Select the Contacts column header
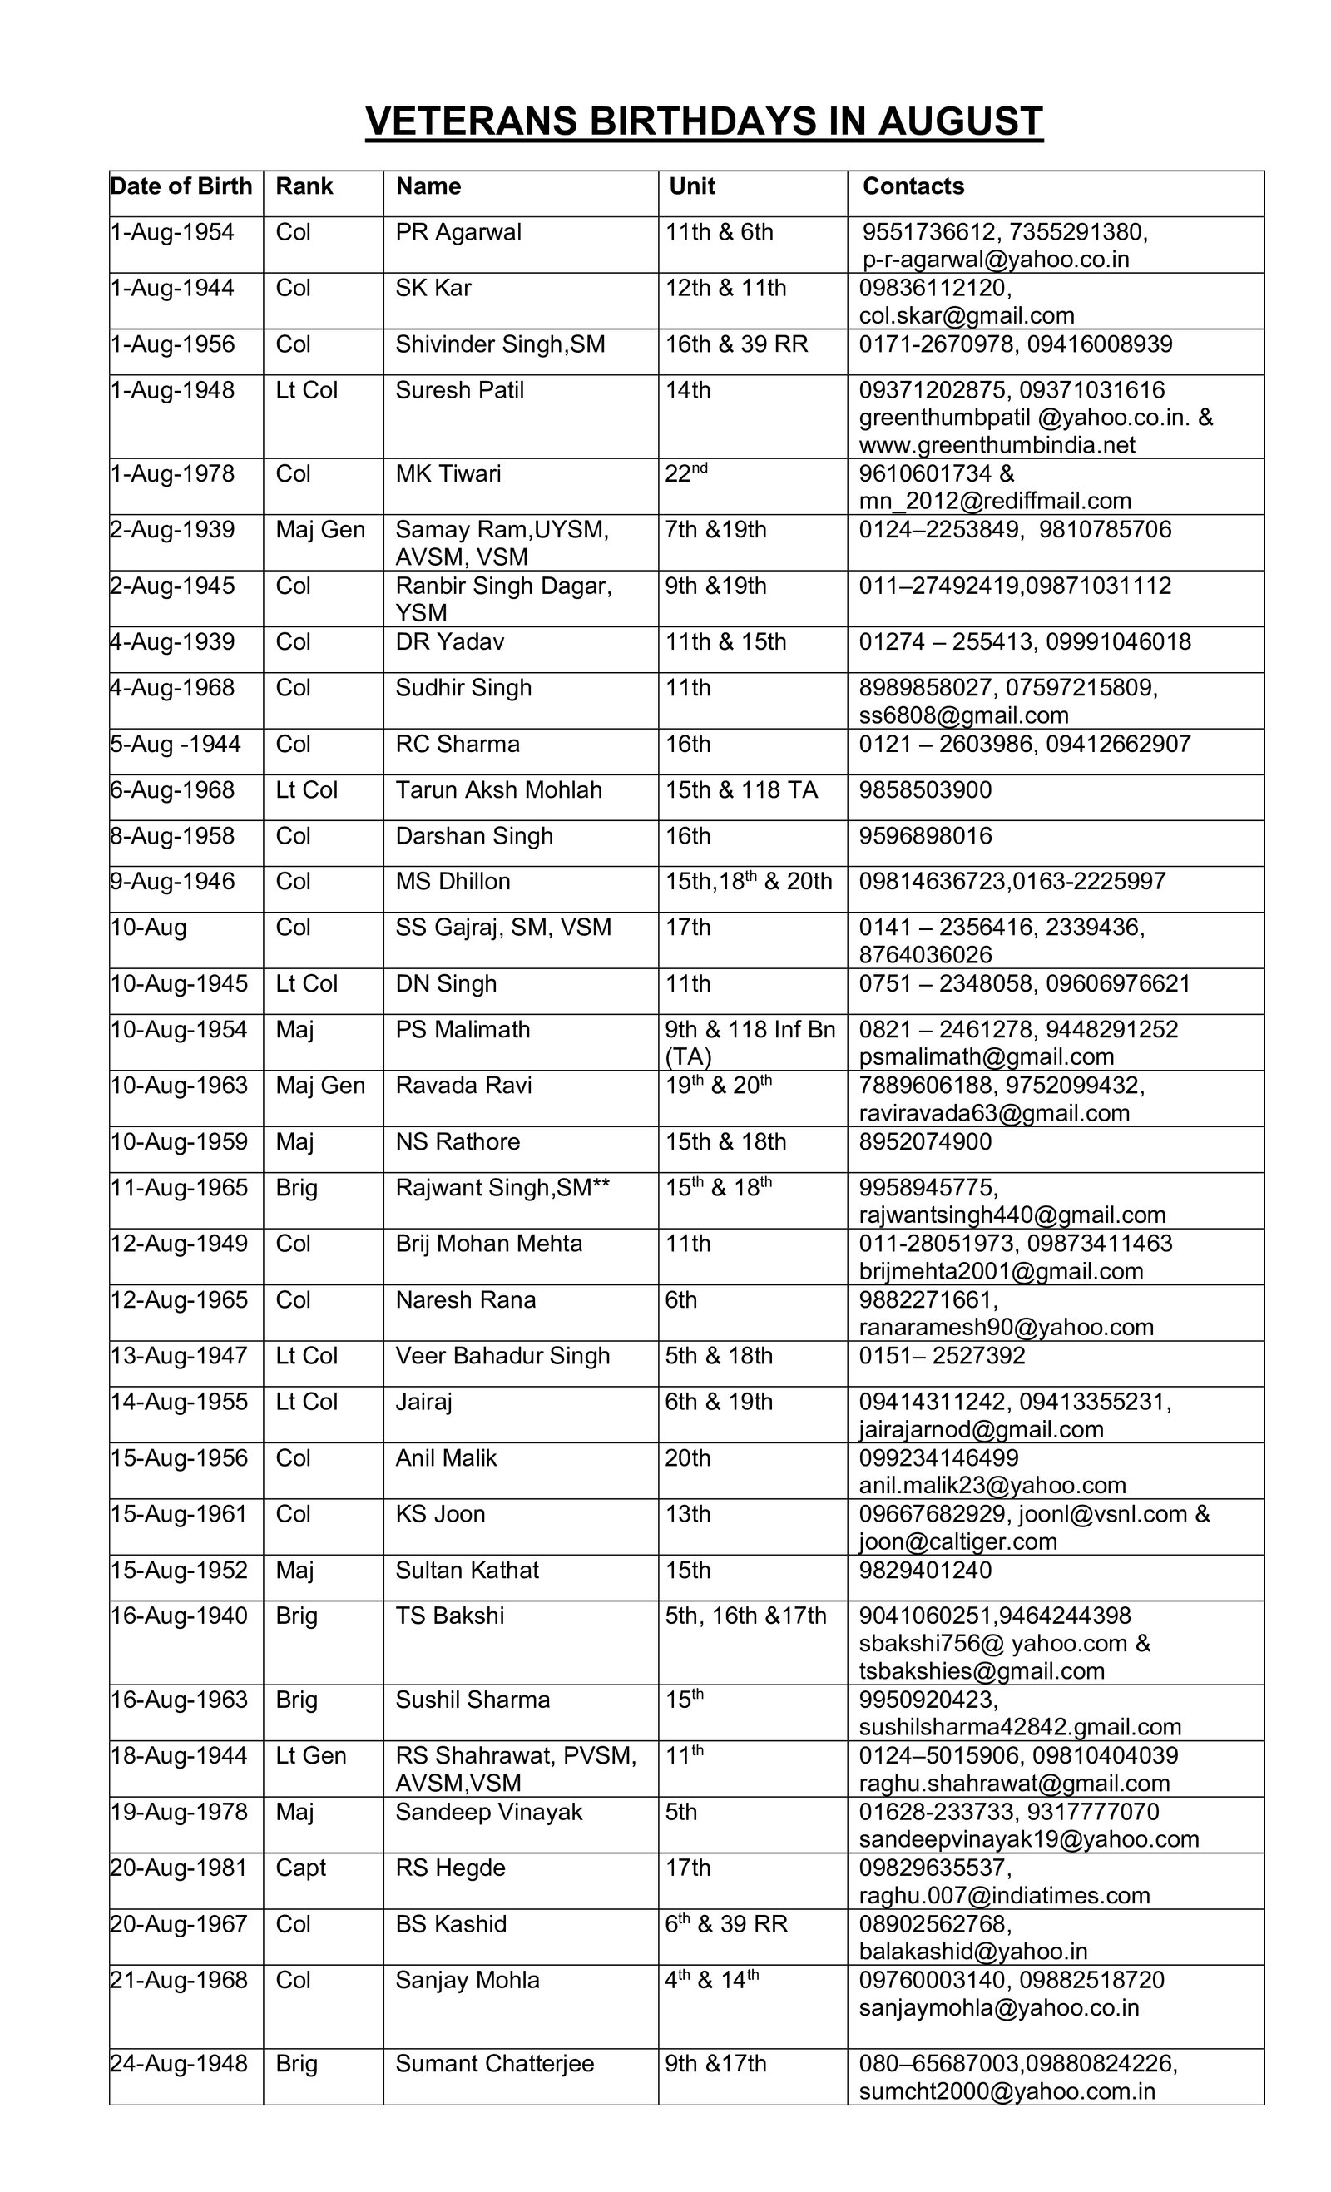tap(913, 186)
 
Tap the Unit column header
tap(691, 186)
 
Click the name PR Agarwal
tap(458, 232)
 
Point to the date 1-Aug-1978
tap(172, 473)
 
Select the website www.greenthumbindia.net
tap(997, 445)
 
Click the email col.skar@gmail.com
tap(966, 316)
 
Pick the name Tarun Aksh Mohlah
tap(498, 790)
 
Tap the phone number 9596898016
tap(924, 836)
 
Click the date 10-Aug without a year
tap(149, 928)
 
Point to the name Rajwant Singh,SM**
tap(502, 1188)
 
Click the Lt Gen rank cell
tap(310, 1756)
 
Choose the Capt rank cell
tap(300, 1868)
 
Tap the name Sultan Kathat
tap(467, 1570)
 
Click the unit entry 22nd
tap(686, 473)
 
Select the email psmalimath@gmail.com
tap(986, 1056)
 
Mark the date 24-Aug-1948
tap(179, 2064)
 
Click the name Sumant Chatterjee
tap(495, 2064)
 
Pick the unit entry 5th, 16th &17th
tap(745, 1616)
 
